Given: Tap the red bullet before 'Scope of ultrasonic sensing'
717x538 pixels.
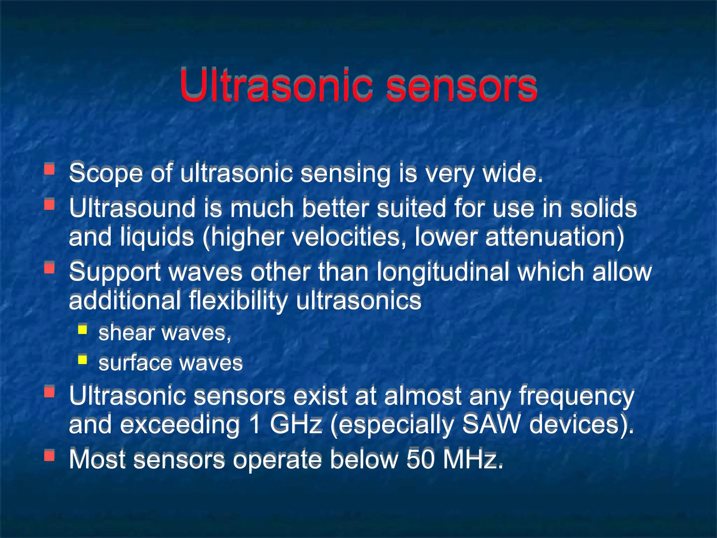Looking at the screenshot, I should tap(49, 170).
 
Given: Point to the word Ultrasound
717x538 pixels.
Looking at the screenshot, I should tap(132, 208).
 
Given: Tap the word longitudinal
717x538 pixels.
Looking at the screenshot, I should tap(443, 272).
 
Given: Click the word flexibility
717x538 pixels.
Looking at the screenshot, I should tap(238, 301).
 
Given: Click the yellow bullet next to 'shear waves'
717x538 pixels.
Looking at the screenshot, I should tap(83, 330).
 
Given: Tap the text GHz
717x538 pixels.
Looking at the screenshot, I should tap(296, 425).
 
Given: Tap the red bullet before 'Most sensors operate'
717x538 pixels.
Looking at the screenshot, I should tap(49, 455).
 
